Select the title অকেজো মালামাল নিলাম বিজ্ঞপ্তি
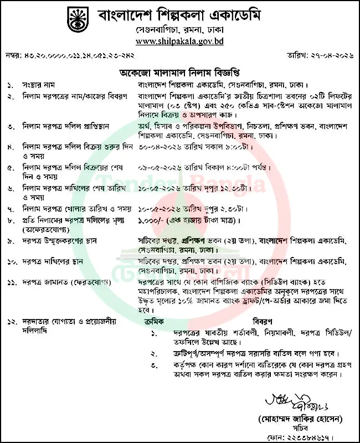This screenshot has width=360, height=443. click(x=180, y=73)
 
